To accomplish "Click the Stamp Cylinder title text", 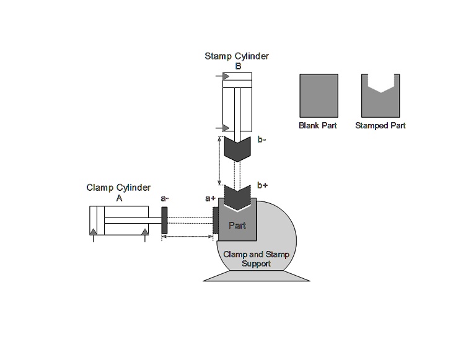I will pyautogui.click(x=237, y=56).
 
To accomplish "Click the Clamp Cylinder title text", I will pyautogui.click(x=118, y=188).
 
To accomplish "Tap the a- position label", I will pyautogui.click(x=165, y=198).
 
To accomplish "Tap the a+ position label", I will pyautogui.click(x=210, y=198).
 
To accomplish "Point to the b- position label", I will pyautogui.click(x=262, y=139).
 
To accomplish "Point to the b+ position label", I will pyautogui.click(x=263, y=185).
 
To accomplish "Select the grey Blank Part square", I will pyautogui.click(x=318, y=94).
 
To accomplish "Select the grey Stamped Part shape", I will pyautogui.click(x=380, y=99).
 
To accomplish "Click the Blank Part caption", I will pyautogui.click(x=318, y=125).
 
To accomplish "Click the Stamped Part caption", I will pyautogui.click(x=380, y=125).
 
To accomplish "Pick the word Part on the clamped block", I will pyautogui.click(x=237, y=225).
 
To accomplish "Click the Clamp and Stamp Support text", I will pyautogui.click(x=257, y=259).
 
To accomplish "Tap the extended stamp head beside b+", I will pyautogui.click(x=237, y=196).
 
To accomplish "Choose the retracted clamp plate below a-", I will pyautogui.click(x=165, y=220).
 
